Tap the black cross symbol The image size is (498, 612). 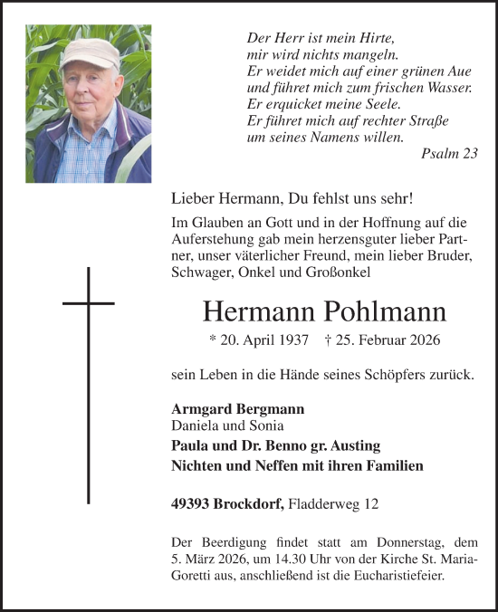point(88,302)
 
